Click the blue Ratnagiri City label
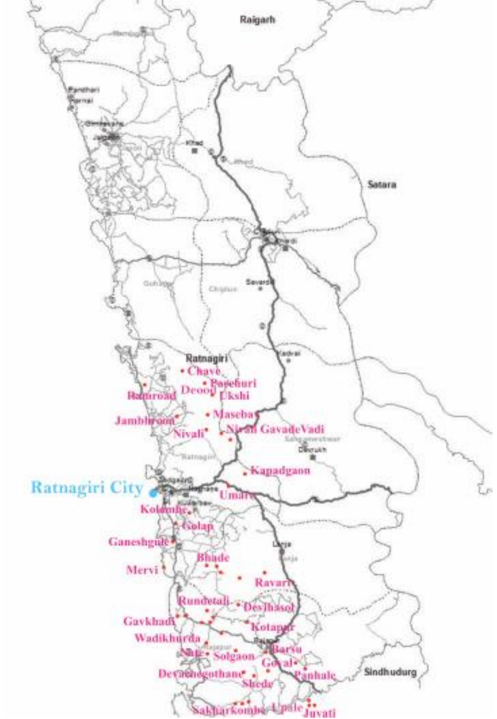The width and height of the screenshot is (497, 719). [87, 488]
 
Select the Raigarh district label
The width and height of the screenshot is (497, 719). [257, 20]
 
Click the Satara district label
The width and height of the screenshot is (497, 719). [381, 185]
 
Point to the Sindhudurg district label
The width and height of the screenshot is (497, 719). [390, 672]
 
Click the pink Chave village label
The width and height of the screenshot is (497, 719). [203, 371]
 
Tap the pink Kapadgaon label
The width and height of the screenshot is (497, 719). [280, 471]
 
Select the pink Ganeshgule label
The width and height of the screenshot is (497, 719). [138, 542]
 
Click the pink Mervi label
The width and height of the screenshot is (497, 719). [142, 570]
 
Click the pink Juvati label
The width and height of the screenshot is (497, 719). [320, 713]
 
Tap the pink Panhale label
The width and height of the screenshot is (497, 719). [315, 676]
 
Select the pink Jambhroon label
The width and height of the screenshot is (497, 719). [145, 421]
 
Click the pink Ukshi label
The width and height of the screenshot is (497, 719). [234, 396]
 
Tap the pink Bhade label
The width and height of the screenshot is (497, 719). [213, 558]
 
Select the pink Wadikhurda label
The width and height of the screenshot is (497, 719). [167, 639]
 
